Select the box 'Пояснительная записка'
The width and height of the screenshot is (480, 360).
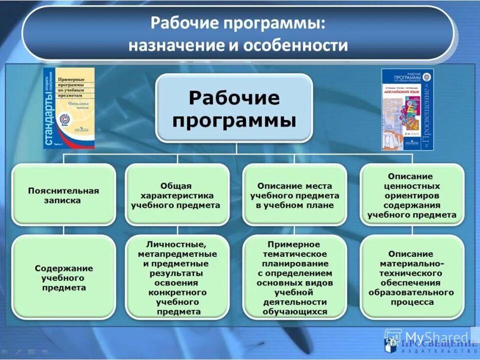63,195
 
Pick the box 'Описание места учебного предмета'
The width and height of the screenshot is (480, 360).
294,195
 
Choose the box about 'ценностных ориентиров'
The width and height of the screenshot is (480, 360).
412,195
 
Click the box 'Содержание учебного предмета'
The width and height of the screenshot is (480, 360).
63,277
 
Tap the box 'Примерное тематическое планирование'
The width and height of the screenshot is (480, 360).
294,277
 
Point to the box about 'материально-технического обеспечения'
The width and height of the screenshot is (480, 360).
412,277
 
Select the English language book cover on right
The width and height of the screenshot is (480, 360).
407,109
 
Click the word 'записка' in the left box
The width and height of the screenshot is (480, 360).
63,200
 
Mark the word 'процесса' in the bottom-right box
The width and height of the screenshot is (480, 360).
411,302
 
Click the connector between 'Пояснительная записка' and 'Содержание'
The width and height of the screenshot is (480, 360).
63,230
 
